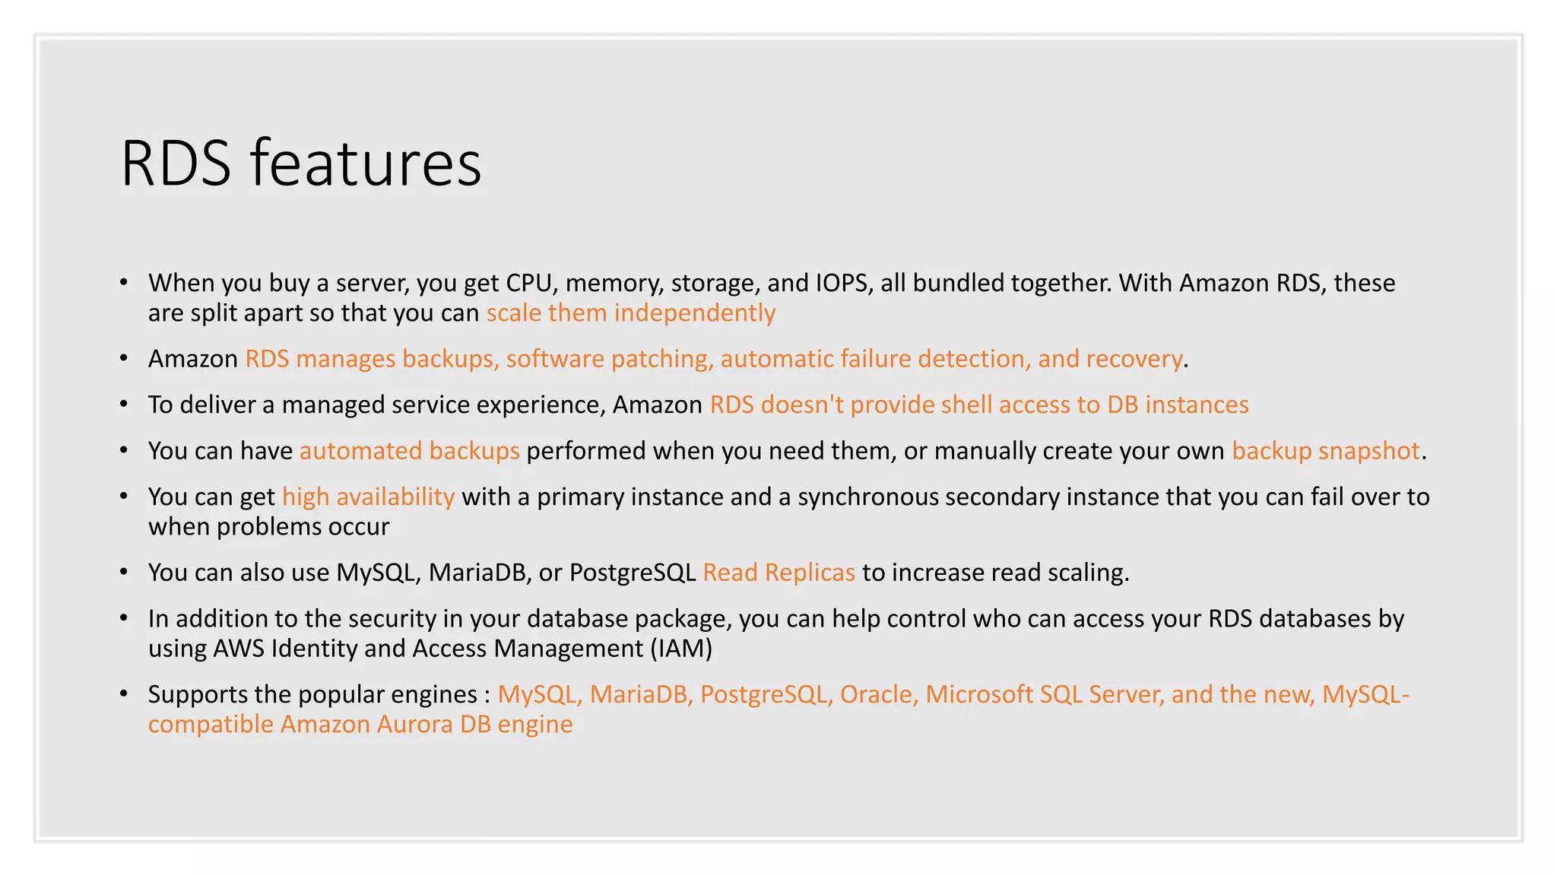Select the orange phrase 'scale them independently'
(x=631, y=313)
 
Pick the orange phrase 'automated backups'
(x=409, y=451)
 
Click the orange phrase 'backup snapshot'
(x=1325, y=451)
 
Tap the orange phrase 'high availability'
(x=368, y=497)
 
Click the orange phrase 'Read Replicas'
(x=778, y=573)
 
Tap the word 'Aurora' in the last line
(x=414, y=724)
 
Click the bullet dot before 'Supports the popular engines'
(x=124, y=693)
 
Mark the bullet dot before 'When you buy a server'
(x=124, y=282)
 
